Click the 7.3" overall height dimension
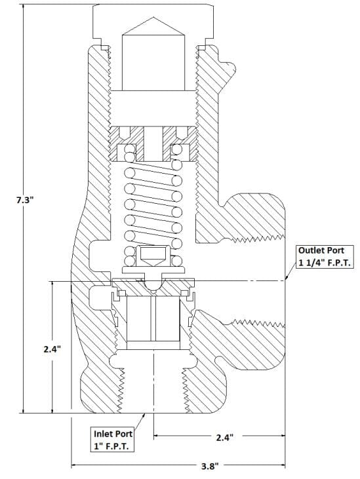pyautogui.click(x=24, y=200)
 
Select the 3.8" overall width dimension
pyautogui.click(x=210, y=466)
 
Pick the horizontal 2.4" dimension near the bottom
pyautogui.click(x=225, y=438)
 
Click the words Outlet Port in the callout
pyautogui.click(x=321, y=250)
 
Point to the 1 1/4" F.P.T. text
pyautogui.click(x=325, y=263)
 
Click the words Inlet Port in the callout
pyautogui.click(x=113, y=434)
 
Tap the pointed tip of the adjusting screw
pyautogui.click(x=153, y=18)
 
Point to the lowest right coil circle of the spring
pyautogui.click(x=176, y=261)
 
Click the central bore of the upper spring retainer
pyautogui.click(x=153, y=144)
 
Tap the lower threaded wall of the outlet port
pyautogui.click(x=258, y=322)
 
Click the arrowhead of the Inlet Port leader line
pyautogui.click(x=144, y=415)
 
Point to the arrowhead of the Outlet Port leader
pyautogui.click(x=287, y=278)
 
